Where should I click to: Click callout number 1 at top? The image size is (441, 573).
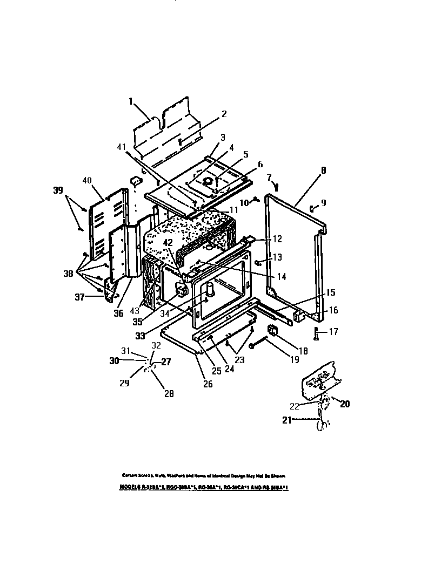[x=130, y=101]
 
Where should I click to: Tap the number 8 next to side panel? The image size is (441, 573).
[x=323, y=170]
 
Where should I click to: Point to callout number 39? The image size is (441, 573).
[x=58, y=190]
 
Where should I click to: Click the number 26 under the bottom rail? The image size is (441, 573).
[x=208, y=384]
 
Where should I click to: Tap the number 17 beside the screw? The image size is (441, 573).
[x=333, y=332]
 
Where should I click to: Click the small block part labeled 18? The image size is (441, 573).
[x=272, y=330]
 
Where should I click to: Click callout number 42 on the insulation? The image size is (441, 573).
[x=168, y=242]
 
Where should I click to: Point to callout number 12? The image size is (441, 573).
[x=277, y=238]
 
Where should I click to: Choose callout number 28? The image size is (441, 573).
[x=169, y=393]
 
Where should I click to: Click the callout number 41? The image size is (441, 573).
[x=122, y=146]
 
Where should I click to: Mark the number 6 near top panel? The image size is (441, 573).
[x=260, y=164]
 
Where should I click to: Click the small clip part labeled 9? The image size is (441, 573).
[x=312, y=207]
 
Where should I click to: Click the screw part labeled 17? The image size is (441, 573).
[x=316, y=332]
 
